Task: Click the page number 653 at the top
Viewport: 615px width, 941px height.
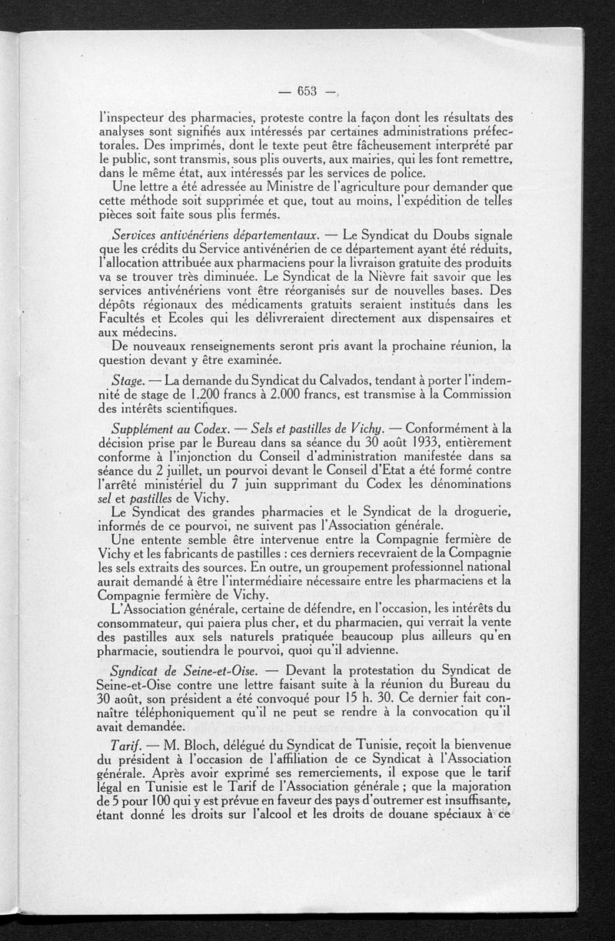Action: pyautogui.click(x=307, y=91)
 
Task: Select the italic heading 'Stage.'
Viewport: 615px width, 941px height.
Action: pyautogui.click(x=126, y=382)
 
